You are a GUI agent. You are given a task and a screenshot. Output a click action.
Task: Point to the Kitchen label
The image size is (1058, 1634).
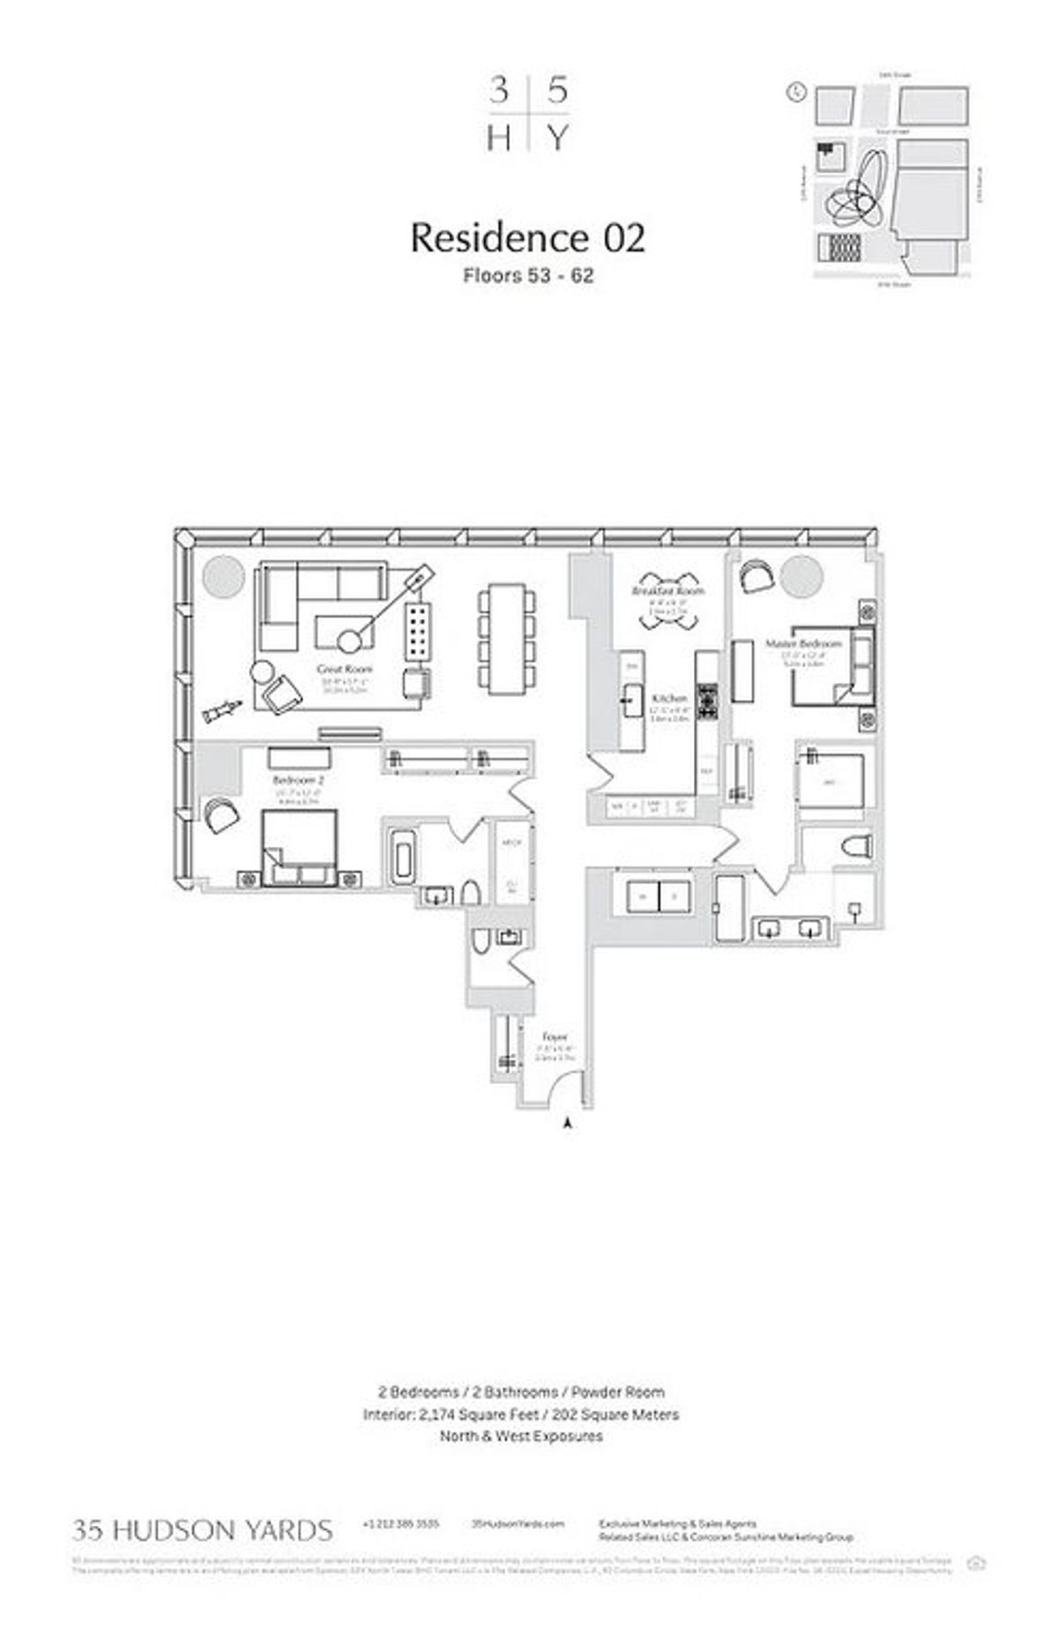(667, 698)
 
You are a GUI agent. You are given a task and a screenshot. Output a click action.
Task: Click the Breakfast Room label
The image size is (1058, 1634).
(668, 590)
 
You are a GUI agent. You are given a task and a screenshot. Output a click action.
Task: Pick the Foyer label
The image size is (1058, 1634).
(555, 1036)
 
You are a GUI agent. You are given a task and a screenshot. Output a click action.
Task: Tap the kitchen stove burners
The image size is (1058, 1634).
(708, 702)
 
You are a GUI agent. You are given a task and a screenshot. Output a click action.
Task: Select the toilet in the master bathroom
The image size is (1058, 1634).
(856, 848)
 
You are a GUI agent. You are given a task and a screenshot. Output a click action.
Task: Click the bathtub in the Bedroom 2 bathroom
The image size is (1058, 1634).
(401, 855)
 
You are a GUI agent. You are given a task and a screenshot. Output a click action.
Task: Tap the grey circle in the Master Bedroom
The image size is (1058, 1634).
(801, 576)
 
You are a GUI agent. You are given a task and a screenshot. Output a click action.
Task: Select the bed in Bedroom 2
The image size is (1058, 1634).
(299, 846)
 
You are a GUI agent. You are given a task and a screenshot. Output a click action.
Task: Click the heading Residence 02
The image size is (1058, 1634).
(527, 238)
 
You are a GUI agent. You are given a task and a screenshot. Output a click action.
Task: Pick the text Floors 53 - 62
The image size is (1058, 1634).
(528, 276)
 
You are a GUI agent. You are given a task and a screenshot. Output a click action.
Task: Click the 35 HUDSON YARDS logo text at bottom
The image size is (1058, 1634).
(203, 1530)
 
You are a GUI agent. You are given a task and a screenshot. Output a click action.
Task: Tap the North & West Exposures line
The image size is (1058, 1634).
(521, 1436)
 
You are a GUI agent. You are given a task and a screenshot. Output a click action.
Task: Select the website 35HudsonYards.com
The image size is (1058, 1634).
(518, 1524)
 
